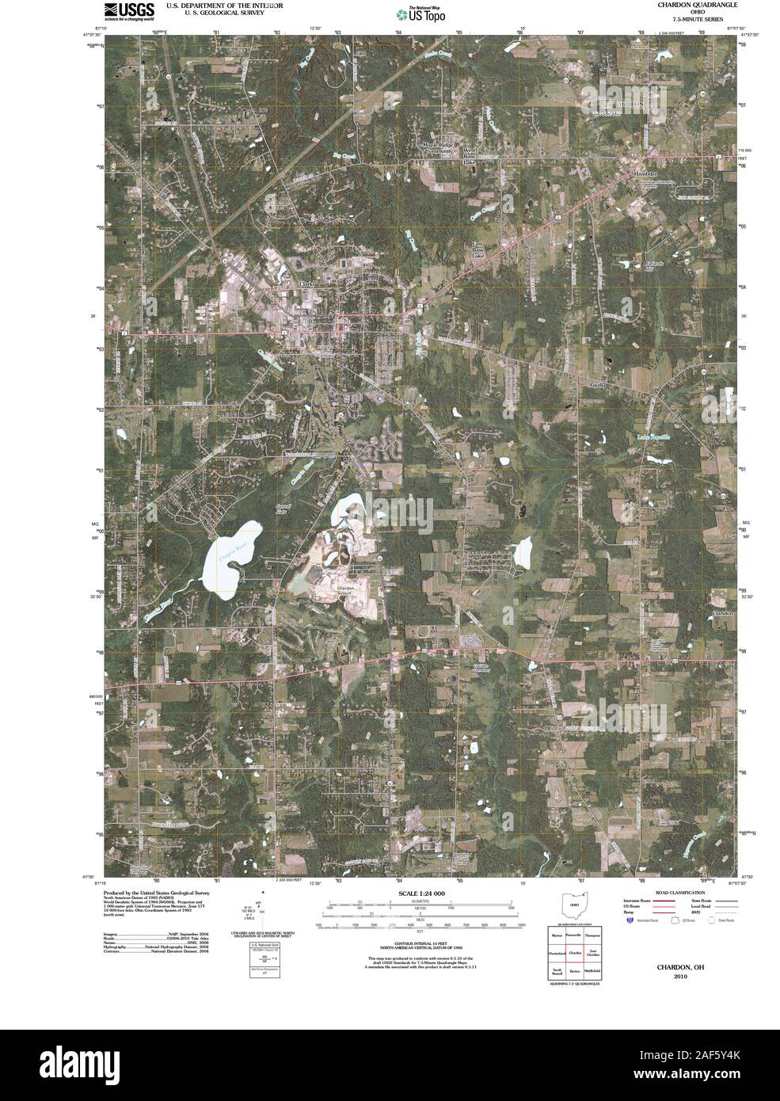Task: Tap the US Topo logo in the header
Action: [x=415, y=13]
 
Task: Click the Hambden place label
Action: [x=646, y=173]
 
